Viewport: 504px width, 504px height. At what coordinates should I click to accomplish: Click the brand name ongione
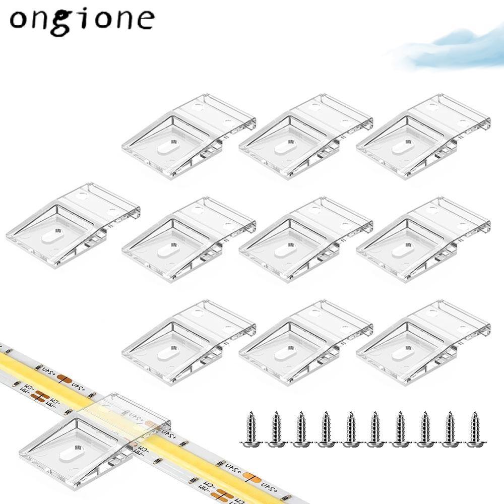(81, 19)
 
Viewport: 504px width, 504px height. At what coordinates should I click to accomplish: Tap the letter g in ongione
(70, 21)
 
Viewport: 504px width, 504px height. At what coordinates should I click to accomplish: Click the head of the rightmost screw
(474, 444)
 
